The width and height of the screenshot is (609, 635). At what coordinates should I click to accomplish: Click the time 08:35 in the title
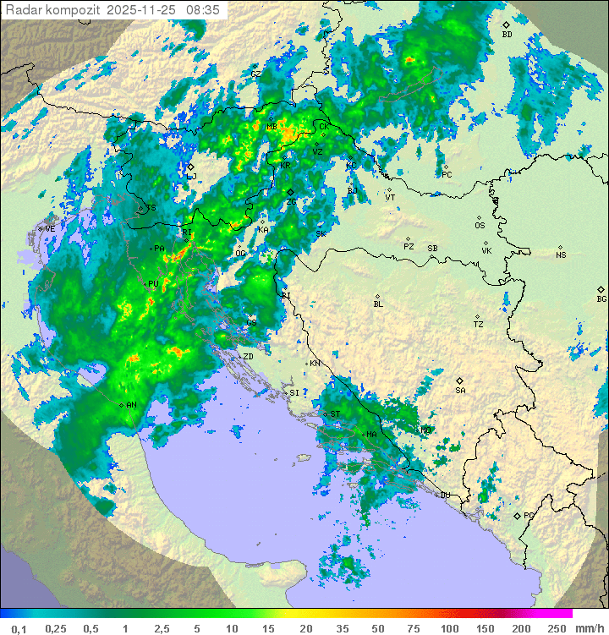[x=204, y=10]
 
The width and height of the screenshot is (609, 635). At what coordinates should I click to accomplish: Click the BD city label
[x=507, y=35]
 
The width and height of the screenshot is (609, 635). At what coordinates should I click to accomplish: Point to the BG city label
[x=601, y=298]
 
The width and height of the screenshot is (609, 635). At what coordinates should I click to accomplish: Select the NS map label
[x=561, y=255]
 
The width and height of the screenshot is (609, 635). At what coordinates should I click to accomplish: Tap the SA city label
[x=460, y=390]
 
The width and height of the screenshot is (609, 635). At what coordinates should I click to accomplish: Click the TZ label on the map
[x=479, y=325]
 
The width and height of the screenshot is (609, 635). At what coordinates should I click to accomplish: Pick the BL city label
[x=378, y=304]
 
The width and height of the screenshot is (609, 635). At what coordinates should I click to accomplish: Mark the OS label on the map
[x=480, y=226]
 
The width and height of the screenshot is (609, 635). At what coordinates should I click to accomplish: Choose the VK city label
[x=486, y=251]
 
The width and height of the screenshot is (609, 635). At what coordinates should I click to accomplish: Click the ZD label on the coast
[x=249, y=357]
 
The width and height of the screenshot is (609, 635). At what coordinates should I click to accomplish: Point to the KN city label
[x=315, y=364]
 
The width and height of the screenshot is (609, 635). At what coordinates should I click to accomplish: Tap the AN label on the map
[x=131, y=405]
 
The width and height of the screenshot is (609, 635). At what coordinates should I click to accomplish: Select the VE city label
[x=50, y=229]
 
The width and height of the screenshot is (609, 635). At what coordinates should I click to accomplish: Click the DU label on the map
[x=444, y=495]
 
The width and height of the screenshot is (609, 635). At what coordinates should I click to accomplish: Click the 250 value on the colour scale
[x=557, y=628]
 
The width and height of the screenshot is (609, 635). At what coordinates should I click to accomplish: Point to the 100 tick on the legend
[x=449, y=628]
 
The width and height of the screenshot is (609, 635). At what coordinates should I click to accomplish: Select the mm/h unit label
[x=588, y=628]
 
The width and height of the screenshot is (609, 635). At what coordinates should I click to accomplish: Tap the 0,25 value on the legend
[x=56, y=628]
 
